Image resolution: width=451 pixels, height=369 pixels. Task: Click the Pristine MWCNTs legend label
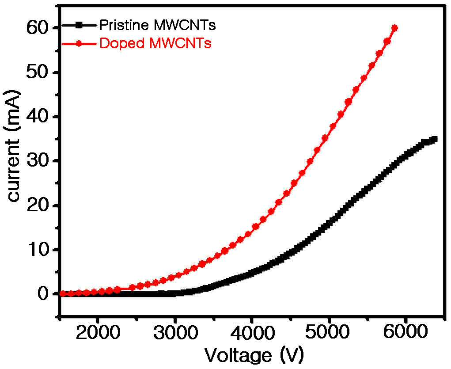pos(157,25)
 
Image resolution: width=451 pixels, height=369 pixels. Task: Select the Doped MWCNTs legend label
pos(155,44)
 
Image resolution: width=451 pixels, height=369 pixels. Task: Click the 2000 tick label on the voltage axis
pos(98,332)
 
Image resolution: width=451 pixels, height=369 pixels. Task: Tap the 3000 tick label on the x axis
pos(175,332)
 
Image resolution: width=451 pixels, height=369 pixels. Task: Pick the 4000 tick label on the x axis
pos(252,332)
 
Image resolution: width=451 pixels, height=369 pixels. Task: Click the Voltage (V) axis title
pos(254,355)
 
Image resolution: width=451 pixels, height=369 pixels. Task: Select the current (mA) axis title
pos(13,146)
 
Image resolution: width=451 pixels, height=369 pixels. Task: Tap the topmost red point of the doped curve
pos(394,28)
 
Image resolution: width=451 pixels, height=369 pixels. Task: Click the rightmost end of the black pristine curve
pos(435,139)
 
